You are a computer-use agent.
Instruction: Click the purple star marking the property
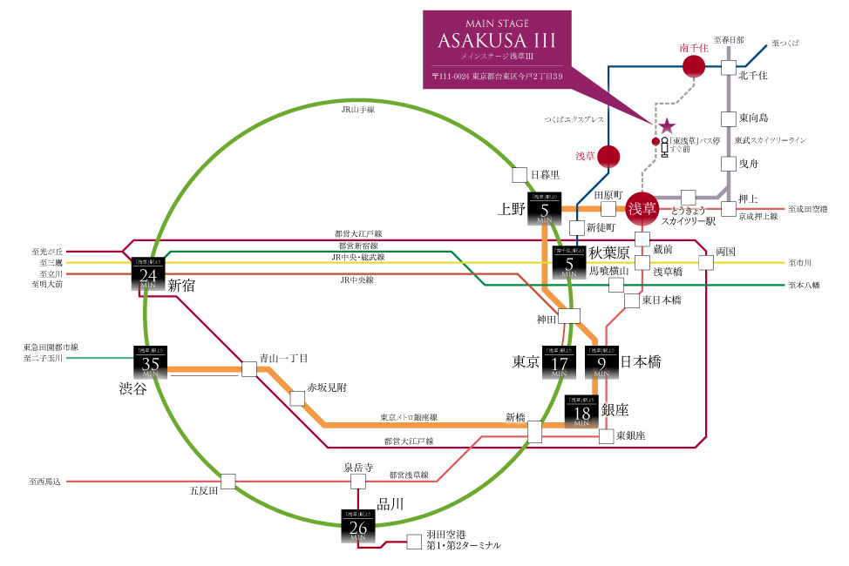668,126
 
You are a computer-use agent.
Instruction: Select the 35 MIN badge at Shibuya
150,362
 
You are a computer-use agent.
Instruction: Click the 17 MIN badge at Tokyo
559,361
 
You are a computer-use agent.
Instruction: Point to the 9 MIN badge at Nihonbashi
601,361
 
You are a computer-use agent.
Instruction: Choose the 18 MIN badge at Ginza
581,411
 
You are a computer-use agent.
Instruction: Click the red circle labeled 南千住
694,66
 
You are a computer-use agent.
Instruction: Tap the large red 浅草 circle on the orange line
643,209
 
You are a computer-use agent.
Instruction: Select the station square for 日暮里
520,174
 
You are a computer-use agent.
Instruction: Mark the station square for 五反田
228,481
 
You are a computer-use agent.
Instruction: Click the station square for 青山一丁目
249,369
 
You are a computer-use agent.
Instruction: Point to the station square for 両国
705,262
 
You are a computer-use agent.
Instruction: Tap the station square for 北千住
729,66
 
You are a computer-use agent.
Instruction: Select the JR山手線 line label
357,110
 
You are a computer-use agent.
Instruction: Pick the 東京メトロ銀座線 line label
409,417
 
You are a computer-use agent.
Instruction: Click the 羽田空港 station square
414,540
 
